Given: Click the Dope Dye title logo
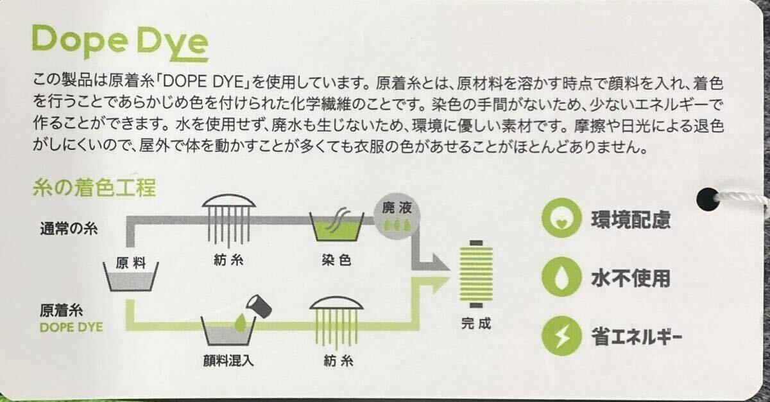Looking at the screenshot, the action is click(120, 42).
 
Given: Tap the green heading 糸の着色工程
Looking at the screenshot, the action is click(94, 188).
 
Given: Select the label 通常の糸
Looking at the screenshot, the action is click(69, 229).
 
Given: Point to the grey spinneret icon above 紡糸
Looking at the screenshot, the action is click(229, 220).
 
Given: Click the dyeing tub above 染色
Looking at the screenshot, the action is click(336, 225).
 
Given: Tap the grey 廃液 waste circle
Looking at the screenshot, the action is click(397, 216).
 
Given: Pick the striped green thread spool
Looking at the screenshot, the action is click(476, 274).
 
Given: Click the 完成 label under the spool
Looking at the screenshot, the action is click(476, 324).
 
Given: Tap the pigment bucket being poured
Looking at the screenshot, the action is click(259, 306).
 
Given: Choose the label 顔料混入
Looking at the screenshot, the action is click(228, 361).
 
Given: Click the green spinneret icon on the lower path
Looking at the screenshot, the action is click(336, 322).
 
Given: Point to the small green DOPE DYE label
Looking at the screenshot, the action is click(71, 327).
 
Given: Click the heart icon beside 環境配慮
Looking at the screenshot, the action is click(561, 218).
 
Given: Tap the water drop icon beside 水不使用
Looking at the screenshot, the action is click(561, 277).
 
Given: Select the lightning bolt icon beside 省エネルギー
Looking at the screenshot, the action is click(561, 336).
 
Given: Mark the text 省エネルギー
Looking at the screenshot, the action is click(637, 336).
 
